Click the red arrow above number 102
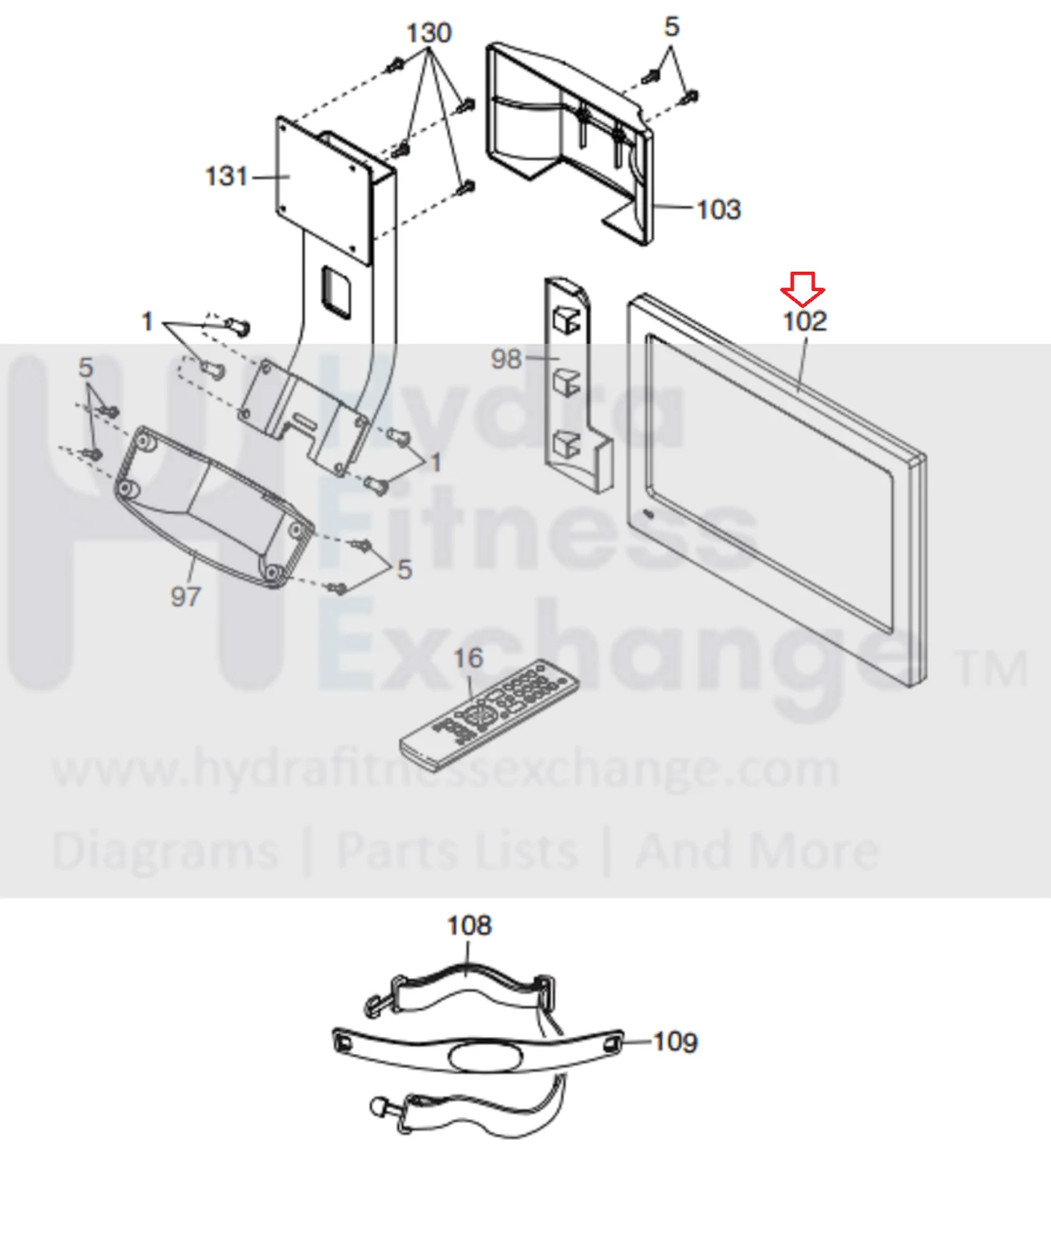click(x=803, y=289)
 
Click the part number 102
click(x=805, y=321)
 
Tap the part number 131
click(x=226, y=176)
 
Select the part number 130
click(x=428, y=33)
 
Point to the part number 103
click(x=719, y=209)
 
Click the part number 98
click(x=506, y=359)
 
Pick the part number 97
click(x=186, y=597)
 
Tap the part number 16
click(x=468, y=659)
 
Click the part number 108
click(x=469, y=925)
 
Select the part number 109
click(x=675, y=1042)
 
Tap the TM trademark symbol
click(x=991, y=670)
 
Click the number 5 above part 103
click(x=671, y=27)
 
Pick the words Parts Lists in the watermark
click(x=457, y=851)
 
